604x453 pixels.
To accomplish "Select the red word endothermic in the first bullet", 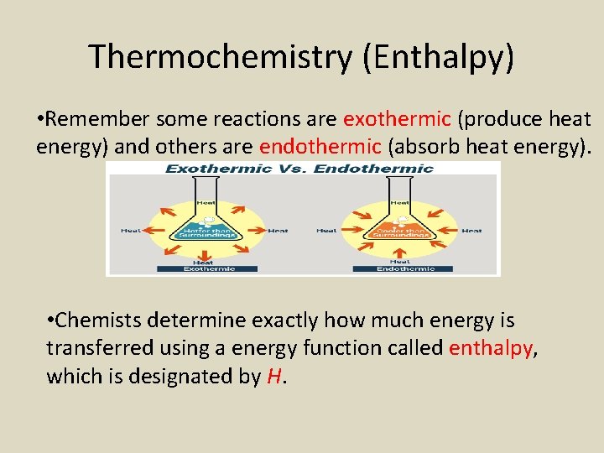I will (320, 148).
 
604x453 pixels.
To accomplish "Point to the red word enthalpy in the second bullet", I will (491, 348).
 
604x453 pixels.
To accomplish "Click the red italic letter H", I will (273, 377).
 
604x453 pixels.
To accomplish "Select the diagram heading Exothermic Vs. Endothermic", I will (299, 169).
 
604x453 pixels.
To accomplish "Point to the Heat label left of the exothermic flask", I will (131, 231).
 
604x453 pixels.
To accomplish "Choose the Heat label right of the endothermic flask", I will (471, 231).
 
